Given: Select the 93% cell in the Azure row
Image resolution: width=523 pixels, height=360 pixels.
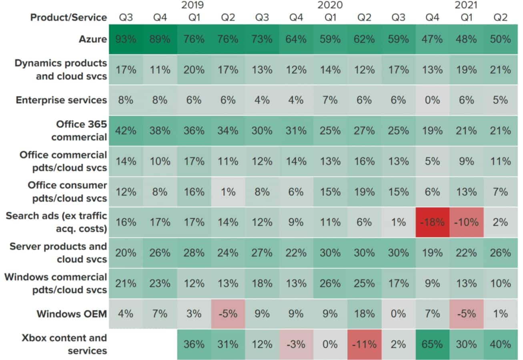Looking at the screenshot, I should tap(126, 39).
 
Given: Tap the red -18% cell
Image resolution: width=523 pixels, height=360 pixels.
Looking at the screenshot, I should tap(432, 222).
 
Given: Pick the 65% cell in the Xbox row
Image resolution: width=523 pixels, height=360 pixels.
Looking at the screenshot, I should tap(432, 344).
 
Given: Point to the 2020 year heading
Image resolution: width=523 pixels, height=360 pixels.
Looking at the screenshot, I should tap(330, 5).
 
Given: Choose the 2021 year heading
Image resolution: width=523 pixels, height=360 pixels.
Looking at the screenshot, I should tap(466, 5).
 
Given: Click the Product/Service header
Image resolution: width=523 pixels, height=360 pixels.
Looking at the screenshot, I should tap(69, 18).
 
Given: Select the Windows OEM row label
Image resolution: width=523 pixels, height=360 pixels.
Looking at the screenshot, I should tap(72, 314).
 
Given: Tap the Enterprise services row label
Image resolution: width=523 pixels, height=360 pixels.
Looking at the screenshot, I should tap(61, 100).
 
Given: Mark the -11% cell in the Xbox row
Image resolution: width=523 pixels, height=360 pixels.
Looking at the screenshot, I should tap(364, 344).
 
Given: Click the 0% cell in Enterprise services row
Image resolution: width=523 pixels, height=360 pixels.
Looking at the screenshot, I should tap(432, 100).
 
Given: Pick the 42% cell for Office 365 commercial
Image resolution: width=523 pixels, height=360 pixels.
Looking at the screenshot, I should tap(126, 131).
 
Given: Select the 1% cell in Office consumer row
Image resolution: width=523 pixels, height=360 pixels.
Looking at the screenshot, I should tap(228, 192).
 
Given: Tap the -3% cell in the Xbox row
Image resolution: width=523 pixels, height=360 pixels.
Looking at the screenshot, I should tap(296, 344).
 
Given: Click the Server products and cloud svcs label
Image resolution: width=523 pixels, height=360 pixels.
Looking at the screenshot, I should tap(58, 253).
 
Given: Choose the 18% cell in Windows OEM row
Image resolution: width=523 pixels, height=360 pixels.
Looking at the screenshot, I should tap(364, 314).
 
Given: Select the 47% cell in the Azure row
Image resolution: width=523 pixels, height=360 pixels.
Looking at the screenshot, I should tap(432, 39).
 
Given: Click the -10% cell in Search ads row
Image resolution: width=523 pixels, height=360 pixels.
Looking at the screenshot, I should tap(466, 222).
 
